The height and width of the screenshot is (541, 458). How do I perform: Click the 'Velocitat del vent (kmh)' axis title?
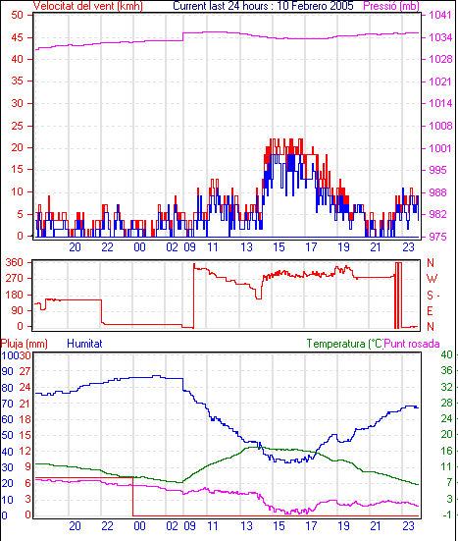(x=88, y=6)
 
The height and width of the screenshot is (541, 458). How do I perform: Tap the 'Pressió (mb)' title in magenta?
(x=391, y=6)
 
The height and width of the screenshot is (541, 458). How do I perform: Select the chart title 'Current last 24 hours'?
(x=221, y=6)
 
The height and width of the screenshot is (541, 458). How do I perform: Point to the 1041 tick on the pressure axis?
(x=440, y=15)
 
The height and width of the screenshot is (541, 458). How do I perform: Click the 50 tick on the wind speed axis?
(x=18, y=15)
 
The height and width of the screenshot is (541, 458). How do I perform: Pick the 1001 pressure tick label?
(x=440, y=148)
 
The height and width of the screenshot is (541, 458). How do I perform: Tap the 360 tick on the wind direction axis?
(x=15, y=262)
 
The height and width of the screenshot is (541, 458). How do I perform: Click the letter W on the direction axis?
(x=432, y=279)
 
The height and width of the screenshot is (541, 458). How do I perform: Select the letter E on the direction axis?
(x=430, y=311)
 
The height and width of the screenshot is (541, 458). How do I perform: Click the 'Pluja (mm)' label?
(x=25, y=344)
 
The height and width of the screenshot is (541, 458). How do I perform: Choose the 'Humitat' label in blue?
(x=84, y=344)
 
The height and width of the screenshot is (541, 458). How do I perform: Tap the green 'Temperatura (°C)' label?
(x=345, y=344)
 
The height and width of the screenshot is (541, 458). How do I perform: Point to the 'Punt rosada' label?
(x=412, y=344)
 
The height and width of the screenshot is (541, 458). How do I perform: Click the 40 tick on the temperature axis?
(x=446, y=354)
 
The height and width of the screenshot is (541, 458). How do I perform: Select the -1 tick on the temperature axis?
(x=446, y=514)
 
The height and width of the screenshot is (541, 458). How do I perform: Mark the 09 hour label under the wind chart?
(x=190, y=247)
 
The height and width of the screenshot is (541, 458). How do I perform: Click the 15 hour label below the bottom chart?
(x=279, y=526)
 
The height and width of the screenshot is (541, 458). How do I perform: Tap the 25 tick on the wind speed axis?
(x=18, y=126)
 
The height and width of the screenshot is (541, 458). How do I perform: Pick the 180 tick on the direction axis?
(x=15, y=295)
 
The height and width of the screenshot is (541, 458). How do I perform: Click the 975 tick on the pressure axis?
(x=437, y=237)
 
